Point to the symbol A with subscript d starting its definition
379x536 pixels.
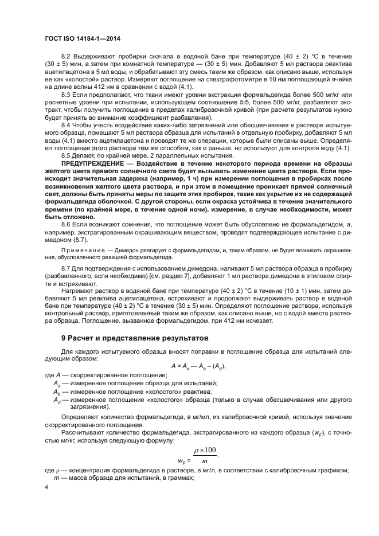[x=57, y=399]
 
